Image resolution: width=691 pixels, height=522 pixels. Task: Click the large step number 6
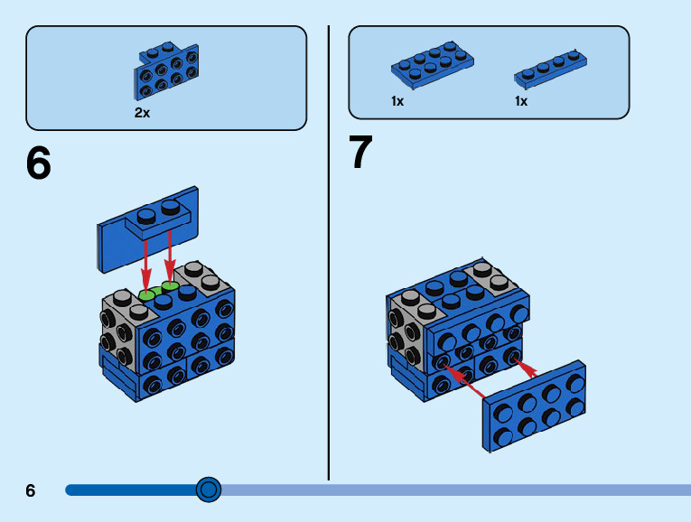pyautogui.click(x=39, y=163)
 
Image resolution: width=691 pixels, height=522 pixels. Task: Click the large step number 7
pyautogui.click(x=360, y=153)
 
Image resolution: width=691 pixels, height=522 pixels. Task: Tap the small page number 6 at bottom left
pyautogui.click(x=31, y=490)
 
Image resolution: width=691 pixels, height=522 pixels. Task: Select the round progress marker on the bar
pyautogui.click(x=209, y=489)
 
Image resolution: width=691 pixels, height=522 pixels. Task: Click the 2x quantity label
pyautogui.click(x=142, y=113)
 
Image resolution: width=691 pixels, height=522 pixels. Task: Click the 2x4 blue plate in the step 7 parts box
pyautogui.click(x=432, y=65)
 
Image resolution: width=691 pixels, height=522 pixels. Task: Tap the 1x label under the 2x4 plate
pyautogui.click(x=397, y=101)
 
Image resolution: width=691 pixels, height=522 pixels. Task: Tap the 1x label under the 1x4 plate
pyautogui.click(x=521, y=101)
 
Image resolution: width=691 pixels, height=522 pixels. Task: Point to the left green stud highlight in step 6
pyautogui.click(x=147, y=294)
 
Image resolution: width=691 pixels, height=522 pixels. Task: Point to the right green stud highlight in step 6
pyautogui.click(x=170, y=286)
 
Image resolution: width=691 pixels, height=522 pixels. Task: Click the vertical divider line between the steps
pyautogui.click(x=328, y=253)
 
